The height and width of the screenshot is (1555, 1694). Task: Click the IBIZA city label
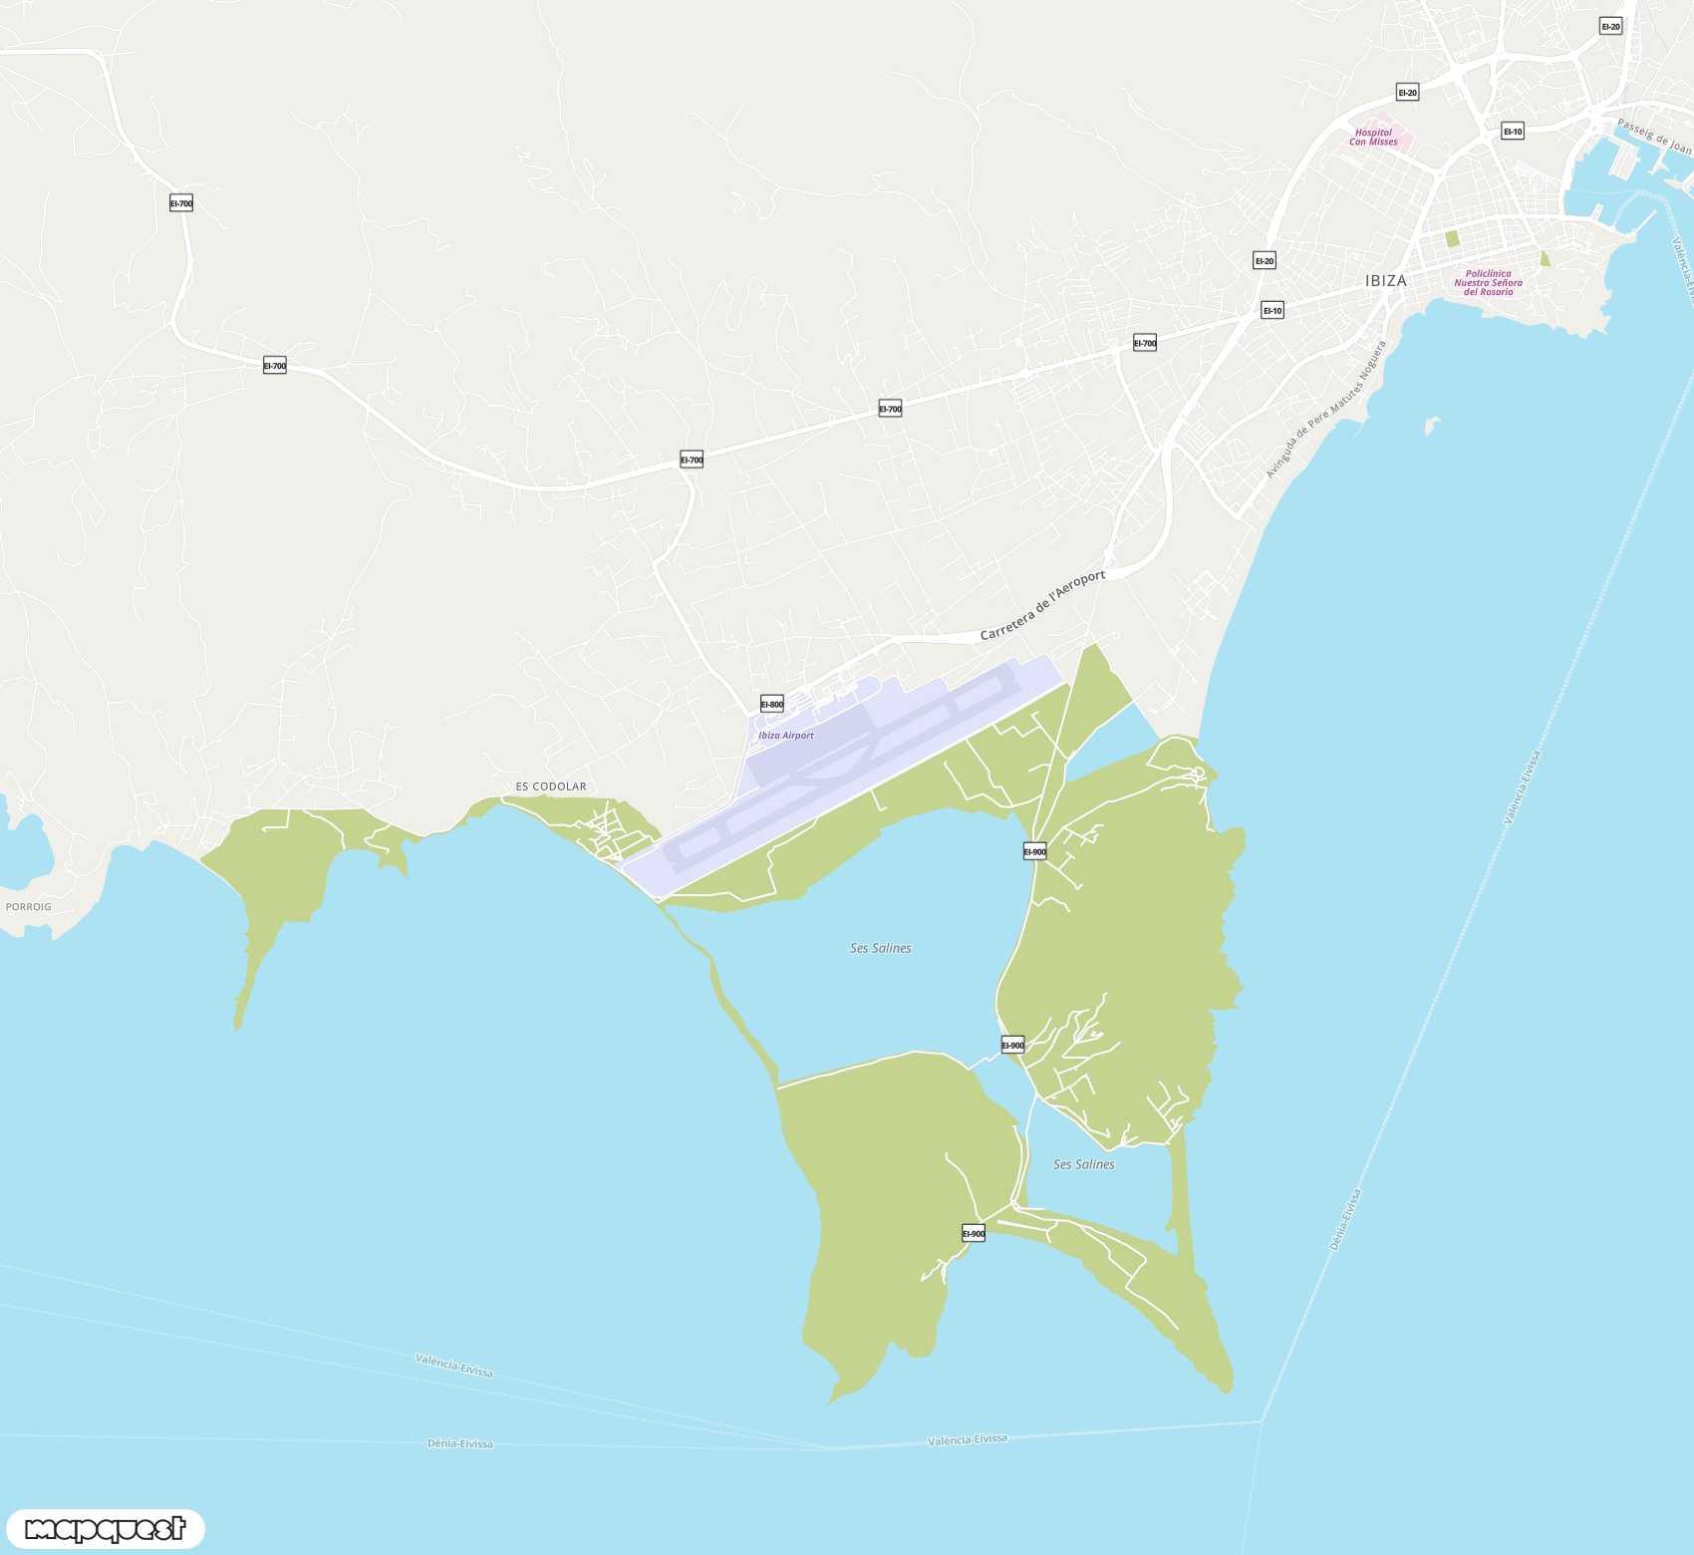pos(1386,281)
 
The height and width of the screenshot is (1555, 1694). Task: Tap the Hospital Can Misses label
pos(1373,138)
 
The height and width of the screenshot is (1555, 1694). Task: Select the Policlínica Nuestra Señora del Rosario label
pos(1488,283)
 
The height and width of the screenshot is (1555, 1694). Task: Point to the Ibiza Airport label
pos(786,736)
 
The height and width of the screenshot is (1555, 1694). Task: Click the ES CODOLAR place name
pos(551,786)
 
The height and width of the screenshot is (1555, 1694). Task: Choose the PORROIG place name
pos(28,907)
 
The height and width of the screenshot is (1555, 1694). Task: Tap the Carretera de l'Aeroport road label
pos(1042,605)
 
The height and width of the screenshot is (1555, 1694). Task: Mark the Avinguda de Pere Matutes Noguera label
pos(1325,410)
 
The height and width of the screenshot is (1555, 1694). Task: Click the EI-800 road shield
pos(772,704)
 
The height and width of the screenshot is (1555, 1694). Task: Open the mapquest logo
pos(105,1528)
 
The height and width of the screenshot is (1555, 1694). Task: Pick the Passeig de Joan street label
pos(1653,137)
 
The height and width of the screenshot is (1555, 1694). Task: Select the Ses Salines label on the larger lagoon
pos(880,948)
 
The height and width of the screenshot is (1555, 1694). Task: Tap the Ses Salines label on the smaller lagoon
pos(1083,1164)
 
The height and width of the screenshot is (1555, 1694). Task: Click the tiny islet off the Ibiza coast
pos(1432,426)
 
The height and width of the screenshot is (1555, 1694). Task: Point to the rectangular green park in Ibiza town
pos(1452,239)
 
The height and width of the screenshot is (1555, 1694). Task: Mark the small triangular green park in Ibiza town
pos(1545,259)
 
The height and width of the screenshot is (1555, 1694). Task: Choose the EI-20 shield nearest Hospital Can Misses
pos(1407,93)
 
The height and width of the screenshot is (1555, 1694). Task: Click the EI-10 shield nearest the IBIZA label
pos(1272,310)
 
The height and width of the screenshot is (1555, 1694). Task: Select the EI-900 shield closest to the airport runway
pos(1035,851)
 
